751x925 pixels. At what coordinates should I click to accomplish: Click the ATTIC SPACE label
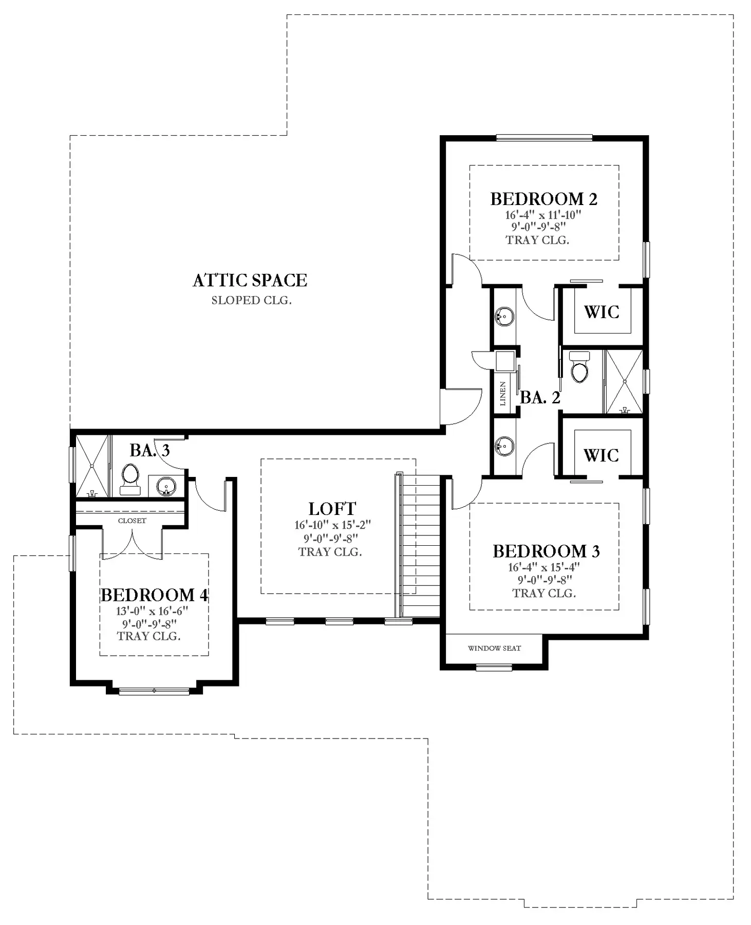pos(250,280)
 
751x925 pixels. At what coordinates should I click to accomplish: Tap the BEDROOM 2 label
pos(543,199)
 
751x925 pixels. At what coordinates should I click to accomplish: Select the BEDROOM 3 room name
pos(546,551)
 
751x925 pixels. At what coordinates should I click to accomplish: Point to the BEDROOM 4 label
pos(154,595)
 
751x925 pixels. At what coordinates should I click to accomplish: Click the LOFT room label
pos(332,509)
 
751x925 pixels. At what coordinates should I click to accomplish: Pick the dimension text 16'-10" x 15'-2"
pos(332,525)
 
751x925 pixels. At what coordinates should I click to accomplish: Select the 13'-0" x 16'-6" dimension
pos(152,611)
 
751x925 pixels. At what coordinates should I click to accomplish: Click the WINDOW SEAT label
pos(494,649)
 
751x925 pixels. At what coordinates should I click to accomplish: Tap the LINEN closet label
pos(503,394)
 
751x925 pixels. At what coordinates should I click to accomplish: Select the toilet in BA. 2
pos(579,367)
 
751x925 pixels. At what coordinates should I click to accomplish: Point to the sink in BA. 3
pos(165,486)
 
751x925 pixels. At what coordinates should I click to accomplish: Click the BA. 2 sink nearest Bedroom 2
pos(504,316)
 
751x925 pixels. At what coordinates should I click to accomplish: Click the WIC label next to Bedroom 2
pos(602,312)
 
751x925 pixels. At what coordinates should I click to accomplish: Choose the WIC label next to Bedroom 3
pos(602,455)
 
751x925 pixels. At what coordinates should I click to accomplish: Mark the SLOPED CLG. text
pos(251,301)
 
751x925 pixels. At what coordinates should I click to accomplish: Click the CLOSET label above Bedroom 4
pos(132,521)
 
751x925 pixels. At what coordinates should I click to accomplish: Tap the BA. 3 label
pos(149,450)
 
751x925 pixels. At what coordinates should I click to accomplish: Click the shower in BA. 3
pos(92,466)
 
